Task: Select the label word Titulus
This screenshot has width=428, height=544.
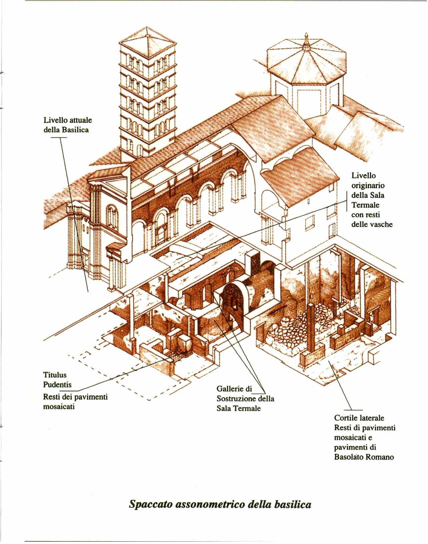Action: [x=55, y=374]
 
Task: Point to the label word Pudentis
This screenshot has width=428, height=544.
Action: [x=57, y=384]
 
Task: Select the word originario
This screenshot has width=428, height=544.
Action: [x=368, y=186]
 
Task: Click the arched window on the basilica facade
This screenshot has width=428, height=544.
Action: [x=112, y=216]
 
